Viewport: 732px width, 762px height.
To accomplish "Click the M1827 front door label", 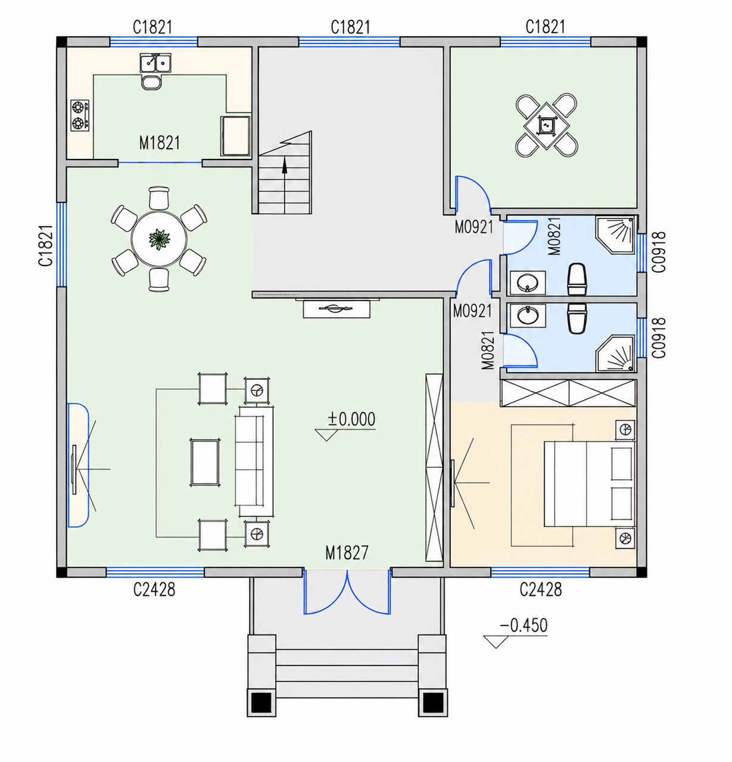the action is pyautogui.click(x=347, y=552).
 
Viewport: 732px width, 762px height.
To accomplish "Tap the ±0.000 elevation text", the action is pyautogui.click(x=351, y=419).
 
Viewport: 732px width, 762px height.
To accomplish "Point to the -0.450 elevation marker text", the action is pyautogui.click(x=524, y=625).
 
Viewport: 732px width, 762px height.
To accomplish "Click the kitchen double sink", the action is pyautogui.click(x=155, y=63).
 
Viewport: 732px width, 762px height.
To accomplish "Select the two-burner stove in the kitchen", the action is pyautogui.click(x=80, y=115).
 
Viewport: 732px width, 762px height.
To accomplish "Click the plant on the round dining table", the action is pyautogui.click(x=159, y=239).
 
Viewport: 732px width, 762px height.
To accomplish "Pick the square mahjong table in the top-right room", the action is pyautogui.click(x=547, y=125).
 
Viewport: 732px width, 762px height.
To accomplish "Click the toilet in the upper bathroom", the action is pyautogui.click(x=577, y=279).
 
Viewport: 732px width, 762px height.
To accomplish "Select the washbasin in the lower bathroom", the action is pyautogui.click(x=528, y=315).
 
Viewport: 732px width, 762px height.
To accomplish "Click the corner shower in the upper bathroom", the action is pyautogui.click(x=615, y=235).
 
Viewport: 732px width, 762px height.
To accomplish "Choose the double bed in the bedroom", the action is pyautogui.click(x=589, y=484).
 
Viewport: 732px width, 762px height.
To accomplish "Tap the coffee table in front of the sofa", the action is pyautogui.click(x=204, y=462).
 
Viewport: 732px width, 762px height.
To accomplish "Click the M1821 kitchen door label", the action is pyautogui.click(x=160, y=143).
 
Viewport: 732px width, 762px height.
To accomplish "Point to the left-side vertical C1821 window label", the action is pyautogui.click(x=45, y=245).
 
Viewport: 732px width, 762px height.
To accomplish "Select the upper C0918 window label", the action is pyautogui.click(x=659, y=252).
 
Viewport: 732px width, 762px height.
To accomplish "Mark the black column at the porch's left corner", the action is pyautogui.click(x=261, y=703).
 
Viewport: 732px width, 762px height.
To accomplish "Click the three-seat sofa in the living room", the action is pyautogui.click(x=254, y=462).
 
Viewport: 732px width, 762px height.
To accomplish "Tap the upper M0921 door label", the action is pyautogui.click(x=474, y=227).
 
